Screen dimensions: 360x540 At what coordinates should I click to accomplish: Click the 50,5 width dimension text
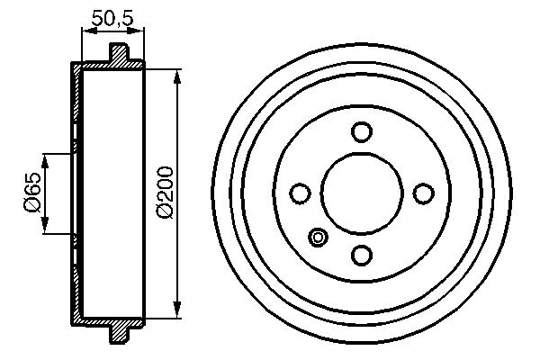(112, 16)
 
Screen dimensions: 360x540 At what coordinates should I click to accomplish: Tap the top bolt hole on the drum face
(361, 132)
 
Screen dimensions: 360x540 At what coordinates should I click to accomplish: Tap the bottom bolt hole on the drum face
(361, 255)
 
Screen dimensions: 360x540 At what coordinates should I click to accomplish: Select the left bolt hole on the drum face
(300, 193)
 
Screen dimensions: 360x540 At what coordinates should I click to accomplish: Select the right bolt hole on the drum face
(422, 193)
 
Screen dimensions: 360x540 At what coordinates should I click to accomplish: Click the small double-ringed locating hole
(318, 238)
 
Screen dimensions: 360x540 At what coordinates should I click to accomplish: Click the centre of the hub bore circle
(361, 193)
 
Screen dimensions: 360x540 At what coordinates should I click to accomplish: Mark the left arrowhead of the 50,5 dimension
(85, 31)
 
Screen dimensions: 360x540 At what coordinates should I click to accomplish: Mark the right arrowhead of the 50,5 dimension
(140, 31)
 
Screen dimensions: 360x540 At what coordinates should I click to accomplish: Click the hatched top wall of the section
(108, 66)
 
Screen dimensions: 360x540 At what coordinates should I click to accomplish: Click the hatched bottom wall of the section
(108, 320)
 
